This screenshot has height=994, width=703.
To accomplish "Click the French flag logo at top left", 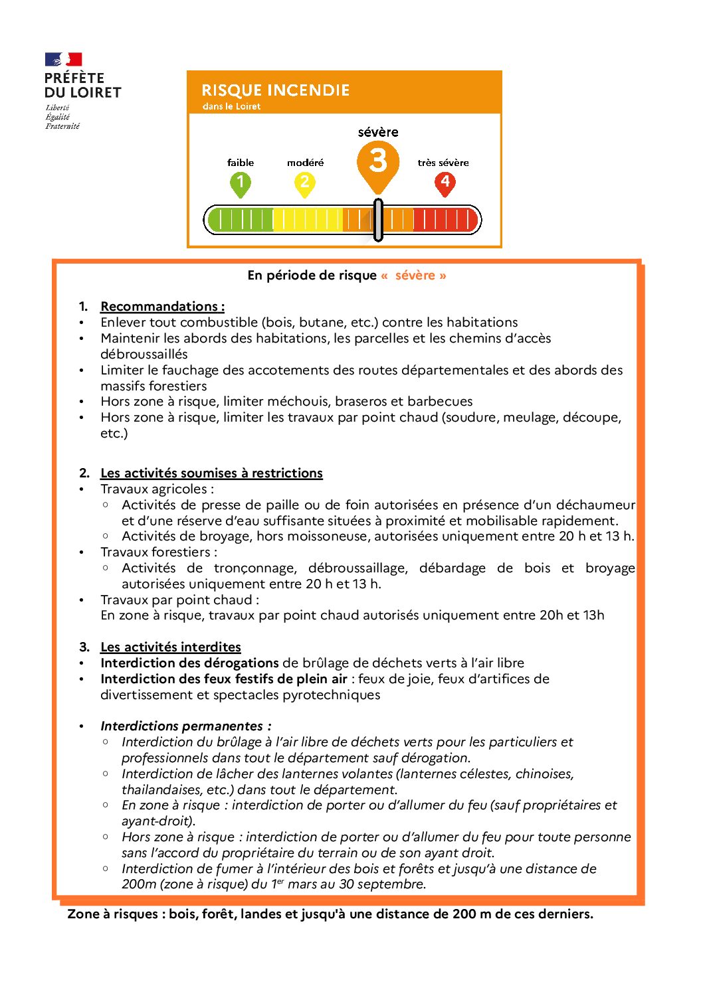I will tap(63, 60).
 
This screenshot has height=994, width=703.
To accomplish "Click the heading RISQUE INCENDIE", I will tap(275, 90).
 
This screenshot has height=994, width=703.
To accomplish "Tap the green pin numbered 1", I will tap(241, 184).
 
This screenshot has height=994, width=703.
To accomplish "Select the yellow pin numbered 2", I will tap(304, 184).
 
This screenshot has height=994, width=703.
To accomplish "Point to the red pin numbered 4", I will tap(445, 183).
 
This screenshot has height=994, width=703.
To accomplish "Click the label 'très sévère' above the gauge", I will tap(443, 163).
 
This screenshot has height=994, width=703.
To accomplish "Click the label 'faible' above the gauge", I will tap(241, 163).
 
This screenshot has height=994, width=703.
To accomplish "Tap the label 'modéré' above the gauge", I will tap(306, 163).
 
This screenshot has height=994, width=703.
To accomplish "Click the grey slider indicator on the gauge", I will tap(378, 220).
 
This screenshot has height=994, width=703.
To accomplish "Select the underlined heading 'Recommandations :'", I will tap(162, 306).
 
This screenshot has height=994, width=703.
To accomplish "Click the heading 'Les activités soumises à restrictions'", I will tap(211, 473).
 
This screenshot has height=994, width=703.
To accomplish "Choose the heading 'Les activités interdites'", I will tap(171, 647).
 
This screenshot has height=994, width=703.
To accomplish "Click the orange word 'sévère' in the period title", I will tap(415, 275).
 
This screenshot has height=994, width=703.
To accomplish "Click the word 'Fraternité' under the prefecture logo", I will tap(62, 126).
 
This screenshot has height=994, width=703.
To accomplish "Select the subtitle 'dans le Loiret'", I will tap(231, 106).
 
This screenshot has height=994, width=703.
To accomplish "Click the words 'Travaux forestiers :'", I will tap(159, 552).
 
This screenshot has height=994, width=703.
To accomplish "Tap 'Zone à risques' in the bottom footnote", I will tap(113, 914).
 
